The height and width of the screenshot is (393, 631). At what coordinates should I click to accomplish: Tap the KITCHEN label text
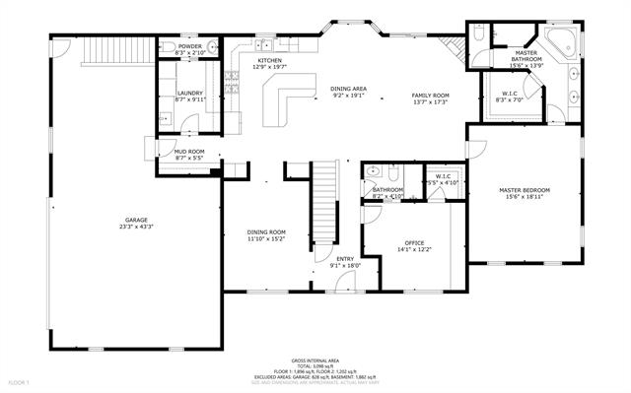click(x=269, y=60)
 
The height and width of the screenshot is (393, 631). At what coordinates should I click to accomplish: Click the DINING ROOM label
click(x=265, y=231)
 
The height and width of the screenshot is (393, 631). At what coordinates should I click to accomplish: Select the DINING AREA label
click(x=348, y=89)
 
